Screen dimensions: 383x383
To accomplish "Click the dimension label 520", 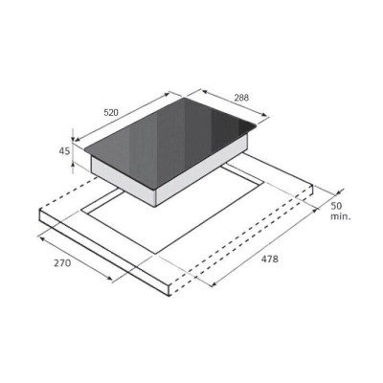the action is (x=111, y=112).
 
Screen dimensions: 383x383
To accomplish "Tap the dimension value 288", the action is (x=241, y=98).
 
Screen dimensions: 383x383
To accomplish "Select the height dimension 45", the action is (x=64, y=151).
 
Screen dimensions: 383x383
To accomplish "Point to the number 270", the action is (x=62, y=263).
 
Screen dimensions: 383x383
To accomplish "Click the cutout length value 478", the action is (x=270, y=259).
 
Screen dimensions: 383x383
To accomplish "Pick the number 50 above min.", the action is (x=338, y=206).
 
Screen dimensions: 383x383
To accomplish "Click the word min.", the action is (x=340, y=216).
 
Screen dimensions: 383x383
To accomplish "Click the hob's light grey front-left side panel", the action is (x=124, y=181).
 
